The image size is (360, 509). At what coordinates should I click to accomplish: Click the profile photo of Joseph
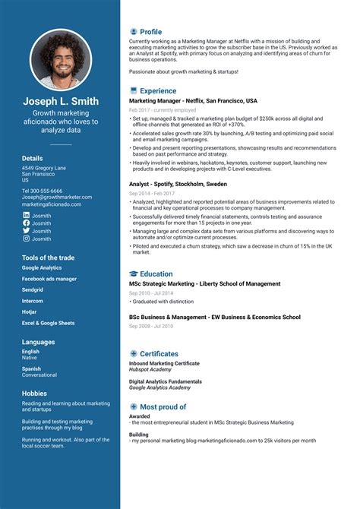60,60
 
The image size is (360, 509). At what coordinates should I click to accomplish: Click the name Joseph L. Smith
61,101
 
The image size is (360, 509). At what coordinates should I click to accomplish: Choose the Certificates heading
159,353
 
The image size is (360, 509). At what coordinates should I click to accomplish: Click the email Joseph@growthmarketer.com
57,198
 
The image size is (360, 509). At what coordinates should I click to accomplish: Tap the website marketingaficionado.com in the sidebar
56,204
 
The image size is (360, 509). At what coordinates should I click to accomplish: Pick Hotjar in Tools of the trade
30,311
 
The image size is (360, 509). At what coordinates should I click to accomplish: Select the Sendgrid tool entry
33,289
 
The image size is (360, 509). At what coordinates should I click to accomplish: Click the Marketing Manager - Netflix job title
193,100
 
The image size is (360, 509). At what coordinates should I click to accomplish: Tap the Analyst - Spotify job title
178,184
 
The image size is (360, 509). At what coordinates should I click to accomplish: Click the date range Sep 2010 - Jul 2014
151,292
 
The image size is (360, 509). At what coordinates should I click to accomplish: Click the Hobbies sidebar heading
35,392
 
